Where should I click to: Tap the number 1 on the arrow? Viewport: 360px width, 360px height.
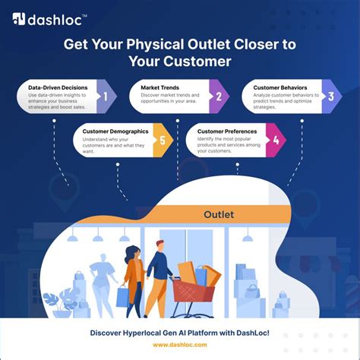[x=106, y=96]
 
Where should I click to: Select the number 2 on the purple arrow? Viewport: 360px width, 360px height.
[x=219, y=96]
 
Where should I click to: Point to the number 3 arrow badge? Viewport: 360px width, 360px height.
[x=331, y=96]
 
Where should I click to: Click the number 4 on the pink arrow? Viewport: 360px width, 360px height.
[x=276, y=140]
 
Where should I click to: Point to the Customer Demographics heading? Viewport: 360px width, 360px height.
[x=116, y=131]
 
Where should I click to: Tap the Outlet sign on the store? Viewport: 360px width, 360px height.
[x=219, y=214]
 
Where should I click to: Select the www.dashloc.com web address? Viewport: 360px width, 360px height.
[x=180, y=344]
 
